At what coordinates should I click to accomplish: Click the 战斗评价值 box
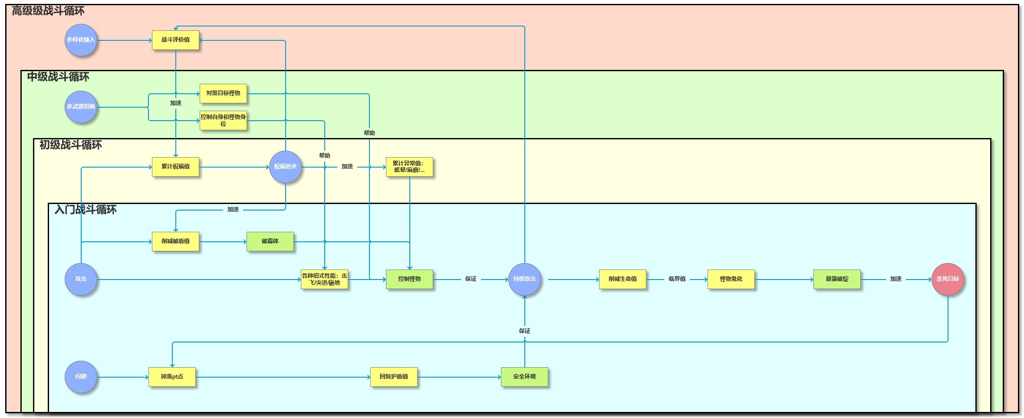175,40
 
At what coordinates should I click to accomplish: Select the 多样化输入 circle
81,40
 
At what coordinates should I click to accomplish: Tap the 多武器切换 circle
81,107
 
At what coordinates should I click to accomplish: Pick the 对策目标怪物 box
223,93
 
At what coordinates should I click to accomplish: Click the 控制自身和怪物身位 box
223,120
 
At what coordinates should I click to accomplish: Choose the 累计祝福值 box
175,167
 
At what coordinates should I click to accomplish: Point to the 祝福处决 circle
285,167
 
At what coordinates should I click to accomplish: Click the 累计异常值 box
409,167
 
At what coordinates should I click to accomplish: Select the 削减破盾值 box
175,241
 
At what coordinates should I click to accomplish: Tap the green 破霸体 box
270,241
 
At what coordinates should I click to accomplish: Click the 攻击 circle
81,279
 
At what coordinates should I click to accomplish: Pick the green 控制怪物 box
409,279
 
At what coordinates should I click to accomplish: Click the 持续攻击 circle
524,279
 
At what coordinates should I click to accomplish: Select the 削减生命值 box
622,279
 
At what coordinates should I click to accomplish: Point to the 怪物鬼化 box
731,279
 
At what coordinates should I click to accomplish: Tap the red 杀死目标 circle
948,279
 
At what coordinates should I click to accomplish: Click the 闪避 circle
81,377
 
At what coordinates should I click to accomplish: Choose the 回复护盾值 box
394,377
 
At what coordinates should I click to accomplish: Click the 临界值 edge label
677,279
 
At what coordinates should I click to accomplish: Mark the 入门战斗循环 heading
86,210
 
